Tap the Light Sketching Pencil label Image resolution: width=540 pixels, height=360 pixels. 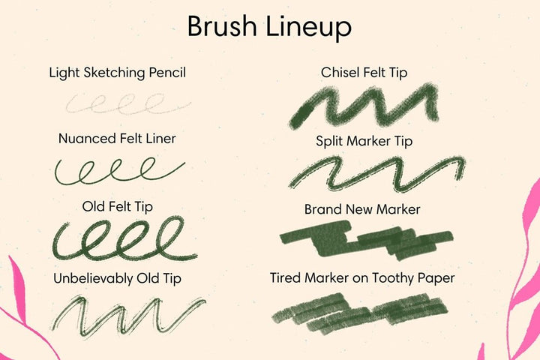118,73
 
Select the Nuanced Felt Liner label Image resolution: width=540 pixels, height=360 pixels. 117,139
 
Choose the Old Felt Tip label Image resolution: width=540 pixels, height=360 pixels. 118,207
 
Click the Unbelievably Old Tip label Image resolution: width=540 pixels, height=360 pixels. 117,279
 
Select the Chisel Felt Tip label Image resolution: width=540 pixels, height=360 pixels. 364,73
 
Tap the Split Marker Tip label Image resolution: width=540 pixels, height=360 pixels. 364,142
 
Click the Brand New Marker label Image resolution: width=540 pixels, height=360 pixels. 362,209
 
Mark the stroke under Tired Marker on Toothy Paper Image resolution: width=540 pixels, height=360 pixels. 360,313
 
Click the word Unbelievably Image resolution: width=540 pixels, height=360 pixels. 93,279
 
